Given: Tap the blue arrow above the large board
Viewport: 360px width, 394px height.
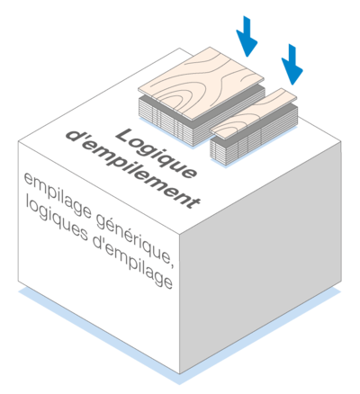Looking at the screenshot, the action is pyautogui.click(x=247, y=36).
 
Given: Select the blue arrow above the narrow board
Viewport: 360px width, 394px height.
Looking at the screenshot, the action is pyautogui.click(x=292, y=64).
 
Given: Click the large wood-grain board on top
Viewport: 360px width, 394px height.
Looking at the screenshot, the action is pyautogui.click(x=201, y=84).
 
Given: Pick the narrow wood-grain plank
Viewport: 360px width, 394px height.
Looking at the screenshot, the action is pyautogui.click(x=254, y=114).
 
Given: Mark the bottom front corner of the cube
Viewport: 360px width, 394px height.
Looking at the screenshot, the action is pyautogui.click(x=180, y=374).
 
